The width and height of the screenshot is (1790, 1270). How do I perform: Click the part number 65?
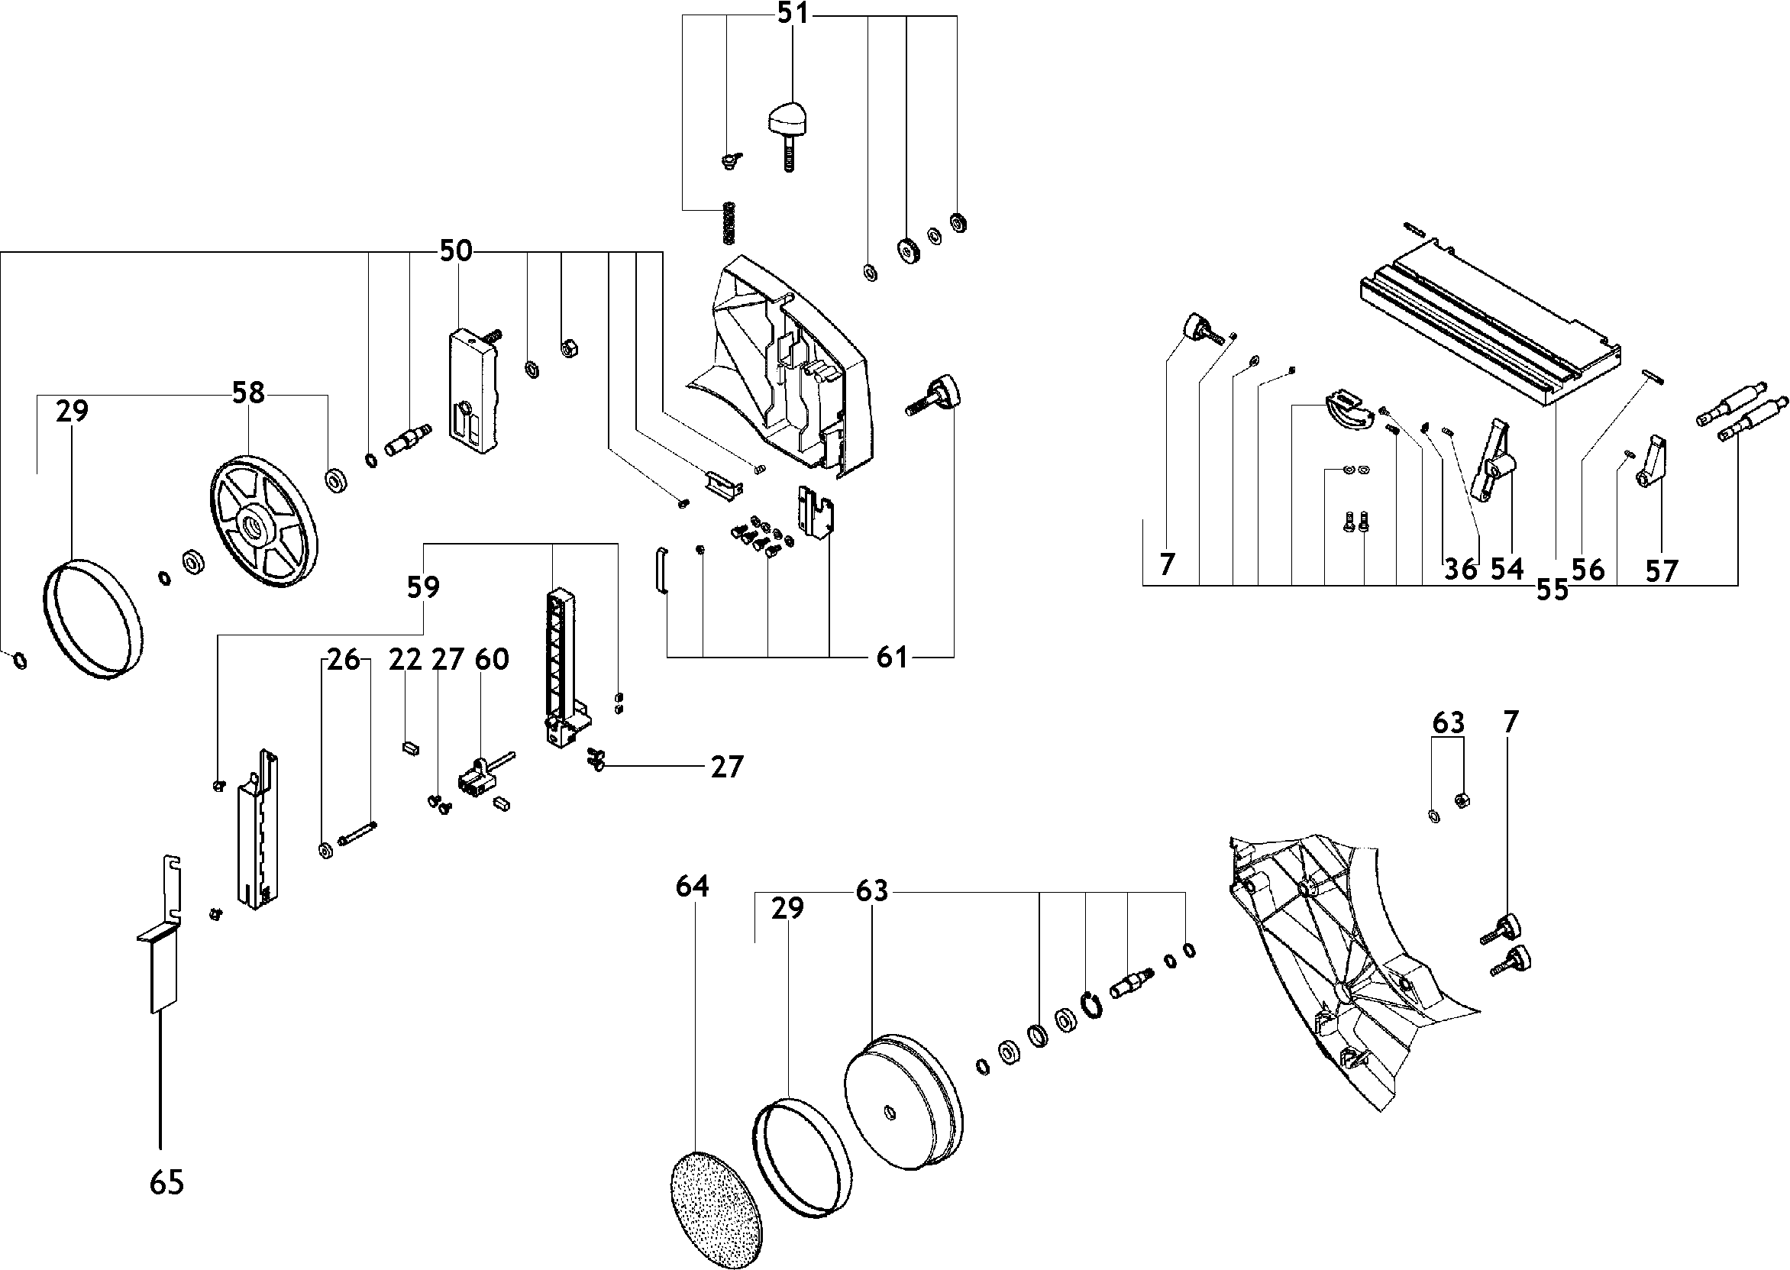pyautogui.click(x=166, y=1182)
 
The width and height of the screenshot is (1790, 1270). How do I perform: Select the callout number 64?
pyautogui.click(x=692, y=886)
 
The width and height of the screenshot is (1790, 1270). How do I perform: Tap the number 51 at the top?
pyautogui.click(x=793, y=15)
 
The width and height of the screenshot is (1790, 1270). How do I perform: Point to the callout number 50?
pyautogui.click(x=456, y=251)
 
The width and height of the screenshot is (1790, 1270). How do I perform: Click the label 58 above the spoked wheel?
pyautogui.click(x=249, y=393)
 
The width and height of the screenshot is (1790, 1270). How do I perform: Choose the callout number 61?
pyautogui.click(x=892, y=658)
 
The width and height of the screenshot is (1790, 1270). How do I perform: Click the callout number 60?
pyautogui.click(x=492, y=659)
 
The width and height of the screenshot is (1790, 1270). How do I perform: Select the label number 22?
pyautogui.click(x=405, y=659)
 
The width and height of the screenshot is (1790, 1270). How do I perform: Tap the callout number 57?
pyautogui.click(x=1662, y=571)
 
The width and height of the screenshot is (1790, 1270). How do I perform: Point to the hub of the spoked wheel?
pyautogui.click(x=255, y=527)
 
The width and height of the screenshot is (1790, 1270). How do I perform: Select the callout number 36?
pyautogui.click(x=1460, y=569)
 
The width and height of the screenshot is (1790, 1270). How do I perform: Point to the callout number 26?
pyautogui.click(x=344, y=659)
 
